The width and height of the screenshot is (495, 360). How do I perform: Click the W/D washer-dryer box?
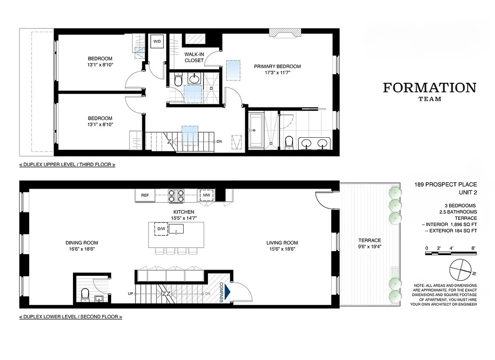157,42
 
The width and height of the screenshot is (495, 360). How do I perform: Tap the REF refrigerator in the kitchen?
145,195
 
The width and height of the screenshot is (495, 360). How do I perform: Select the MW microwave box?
207,195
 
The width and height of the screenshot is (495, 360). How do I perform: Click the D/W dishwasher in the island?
161,229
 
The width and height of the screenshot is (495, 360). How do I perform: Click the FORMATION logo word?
429,88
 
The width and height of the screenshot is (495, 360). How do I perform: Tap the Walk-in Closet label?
194,57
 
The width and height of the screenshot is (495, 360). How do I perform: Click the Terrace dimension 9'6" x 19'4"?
369,247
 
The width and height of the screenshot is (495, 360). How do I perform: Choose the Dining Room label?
81,243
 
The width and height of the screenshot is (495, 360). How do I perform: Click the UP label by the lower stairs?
130,294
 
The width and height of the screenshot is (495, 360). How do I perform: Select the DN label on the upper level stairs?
219,141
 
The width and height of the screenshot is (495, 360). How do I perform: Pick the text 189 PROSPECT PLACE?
445,184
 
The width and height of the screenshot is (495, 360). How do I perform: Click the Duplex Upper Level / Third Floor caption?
67,165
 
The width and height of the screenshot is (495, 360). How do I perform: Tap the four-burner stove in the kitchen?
176,195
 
